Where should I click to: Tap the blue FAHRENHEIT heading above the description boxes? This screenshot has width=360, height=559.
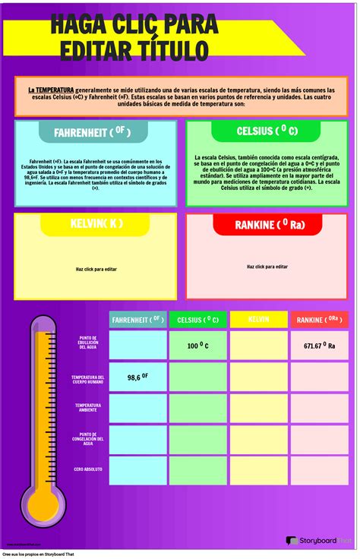click(x=92, y=132)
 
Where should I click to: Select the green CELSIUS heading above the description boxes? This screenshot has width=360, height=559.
click(x=267, y=131)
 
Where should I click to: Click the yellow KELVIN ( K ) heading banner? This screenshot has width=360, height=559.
click(x=95, y=224)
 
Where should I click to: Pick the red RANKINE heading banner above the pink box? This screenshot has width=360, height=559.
click(x=270, y=225)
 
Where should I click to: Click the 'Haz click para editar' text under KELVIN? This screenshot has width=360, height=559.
click(x=96, y=269)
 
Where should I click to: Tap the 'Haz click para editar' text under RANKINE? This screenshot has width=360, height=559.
click(x=267, y=267)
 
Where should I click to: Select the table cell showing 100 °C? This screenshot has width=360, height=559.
click(x=197, y=346)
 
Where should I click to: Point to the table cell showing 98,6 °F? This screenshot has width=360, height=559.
click(x=137, y=377)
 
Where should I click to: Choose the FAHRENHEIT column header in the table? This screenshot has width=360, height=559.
click(x=137, y=320)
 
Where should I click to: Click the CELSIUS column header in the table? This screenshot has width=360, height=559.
click(x=197, y=321)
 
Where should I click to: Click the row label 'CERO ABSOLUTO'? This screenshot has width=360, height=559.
click(x=88, y=469)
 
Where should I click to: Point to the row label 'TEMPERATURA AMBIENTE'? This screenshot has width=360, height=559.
click(x=88, y=408)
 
